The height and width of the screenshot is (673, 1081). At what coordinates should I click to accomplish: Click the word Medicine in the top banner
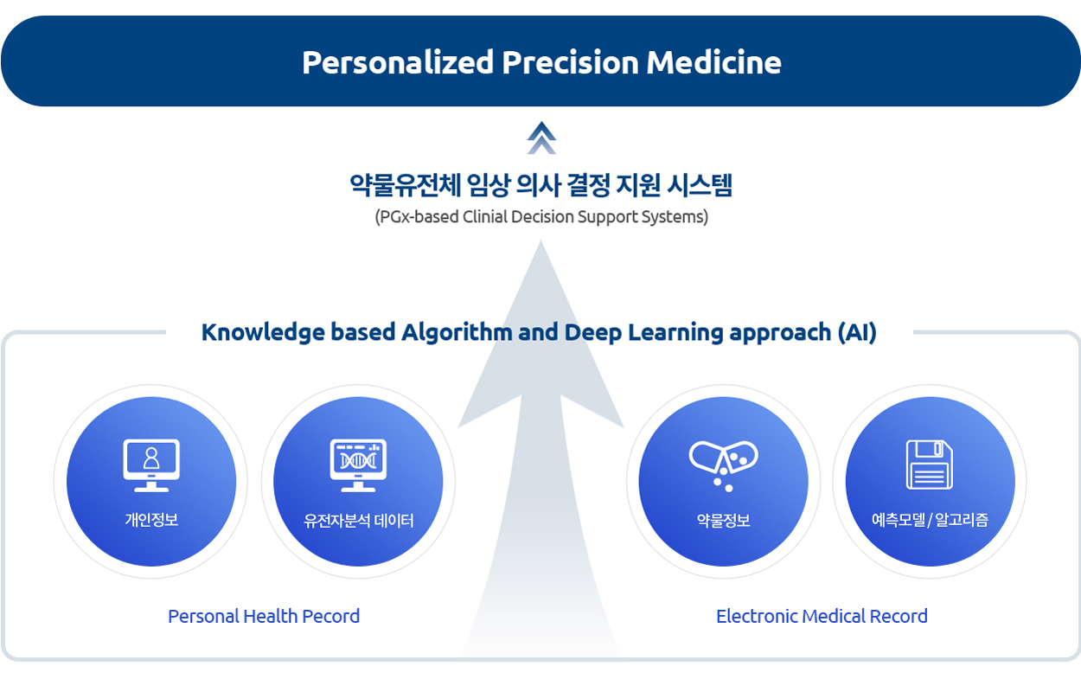[713, 62]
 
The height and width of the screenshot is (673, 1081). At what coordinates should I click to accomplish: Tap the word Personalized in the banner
[398, 62]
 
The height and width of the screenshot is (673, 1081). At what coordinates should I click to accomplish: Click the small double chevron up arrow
[541, 138]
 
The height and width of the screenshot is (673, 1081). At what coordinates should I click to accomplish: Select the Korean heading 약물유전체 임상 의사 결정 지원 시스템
[541, 185]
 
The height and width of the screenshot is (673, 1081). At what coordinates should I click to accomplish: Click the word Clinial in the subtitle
[484, 217]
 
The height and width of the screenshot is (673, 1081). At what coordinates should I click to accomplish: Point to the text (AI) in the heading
[857, 332]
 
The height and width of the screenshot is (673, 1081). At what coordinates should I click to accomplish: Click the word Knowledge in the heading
[264, 333]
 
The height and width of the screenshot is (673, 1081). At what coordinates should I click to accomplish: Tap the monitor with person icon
[151, 465]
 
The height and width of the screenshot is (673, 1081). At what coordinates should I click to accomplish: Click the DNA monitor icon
[358, 465]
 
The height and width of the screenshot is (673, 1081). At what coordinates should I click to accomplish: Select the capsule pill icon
[723, 465]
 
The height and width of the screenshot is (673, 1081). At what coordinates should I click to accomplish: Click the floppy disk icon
[930, 465]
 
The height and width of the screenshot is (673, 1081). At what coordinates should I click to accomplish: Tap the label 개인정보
[151, 520]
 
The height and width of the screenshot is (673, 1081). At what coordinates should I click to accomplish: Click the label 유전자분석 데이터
[359, 521]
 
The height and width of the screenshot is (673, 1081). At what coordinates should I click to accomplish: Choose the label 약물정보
[723, 520]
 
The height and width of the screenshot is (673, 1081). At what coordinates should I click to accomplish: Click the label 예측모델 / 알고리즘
[930, 520]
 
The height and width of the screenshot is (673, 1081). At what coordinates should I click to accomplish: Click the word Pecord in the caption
[331, 617]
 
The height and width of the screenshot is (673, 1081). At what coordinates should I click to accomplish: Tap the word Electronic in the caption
[758, 617]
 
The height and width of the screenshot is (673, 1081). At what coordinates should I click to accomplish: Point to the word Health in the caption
[270, 617]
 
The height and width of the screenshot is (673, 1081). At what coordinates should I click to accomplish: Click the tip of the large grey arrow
[541, 240]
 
